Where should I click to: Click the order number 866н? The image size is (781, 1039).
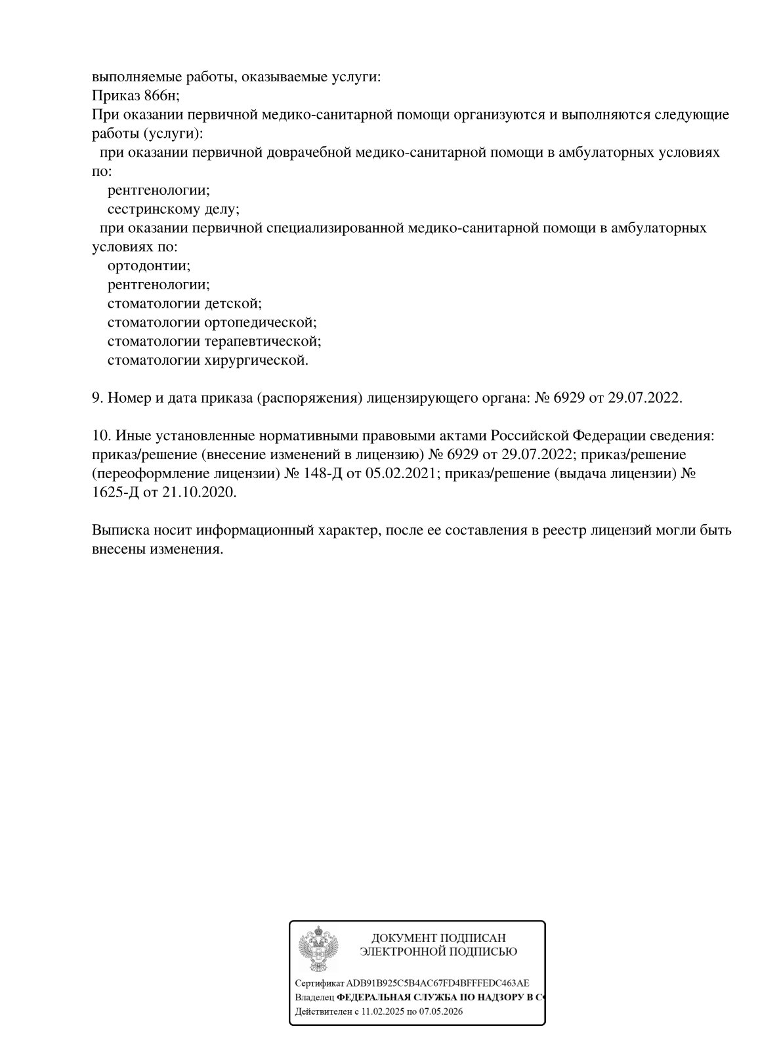pos(161,96)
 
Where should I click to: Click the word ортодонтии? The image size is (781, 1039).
pos(148,266)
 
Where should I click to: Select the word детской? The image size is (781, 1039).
pos(233,304)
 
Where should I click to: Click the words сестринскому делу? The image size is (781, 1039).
pos(173,210)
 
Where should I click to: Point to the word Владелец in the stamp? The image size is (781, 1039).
pos(314,997)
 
